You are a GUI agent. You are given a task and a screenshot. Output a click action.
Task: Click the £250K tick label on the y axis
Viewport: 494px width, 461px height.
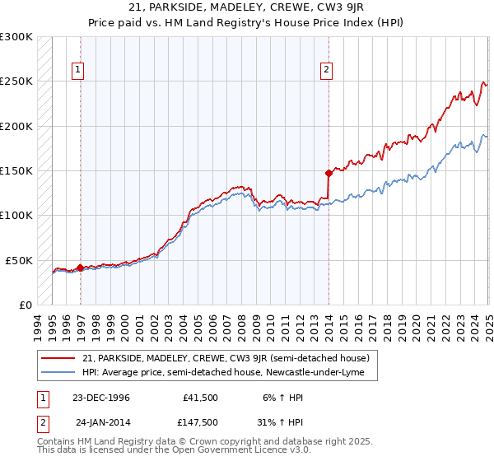[x=16, y=81]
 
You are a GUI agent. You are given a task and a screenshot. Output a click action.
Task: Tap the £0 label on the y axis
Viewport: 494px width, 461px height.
[x=26, y=305]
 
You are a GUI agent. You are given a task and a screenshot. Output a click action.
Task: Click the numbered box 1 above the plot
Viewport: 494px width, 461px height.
[x=78, y=70]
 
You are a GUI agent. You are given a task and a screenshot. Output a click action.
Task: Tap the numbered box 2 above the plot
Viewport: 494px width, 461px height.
[x=326, y=70]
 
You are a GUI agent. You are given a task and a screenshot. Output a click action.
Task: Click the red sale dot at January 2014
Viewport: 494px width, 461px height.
[x=329, y=173]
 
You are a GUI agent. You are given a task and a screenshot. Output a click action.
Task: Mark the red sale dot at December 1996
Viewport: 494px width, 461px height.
[x=80, y=268]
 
